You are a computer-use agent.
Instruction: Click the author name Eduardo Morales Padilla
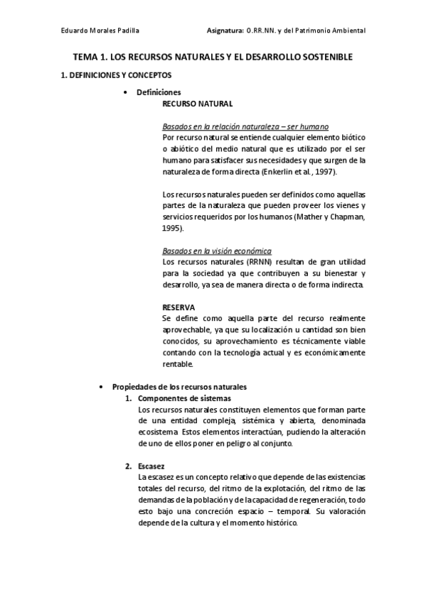[x=100, y=32]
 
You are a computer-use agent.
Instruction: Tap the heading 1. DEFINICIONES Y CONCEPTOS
[x=116, y=75]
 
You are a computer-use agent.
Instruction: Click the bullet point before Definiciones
[x=126, y=92]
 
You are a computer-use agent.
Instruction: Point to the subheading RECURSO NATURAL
[x=197, y=104]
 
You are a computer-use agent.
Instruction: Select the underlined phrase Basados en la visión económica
[x=217, y=251]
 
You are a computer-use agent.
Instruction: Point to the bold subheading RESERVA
[x=179, y=307]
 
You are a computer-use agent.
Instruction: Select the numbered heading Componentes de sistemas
[x=185, y=398]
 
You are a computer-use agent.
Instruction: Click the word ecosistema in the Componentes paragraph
[x=159, y=432]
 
